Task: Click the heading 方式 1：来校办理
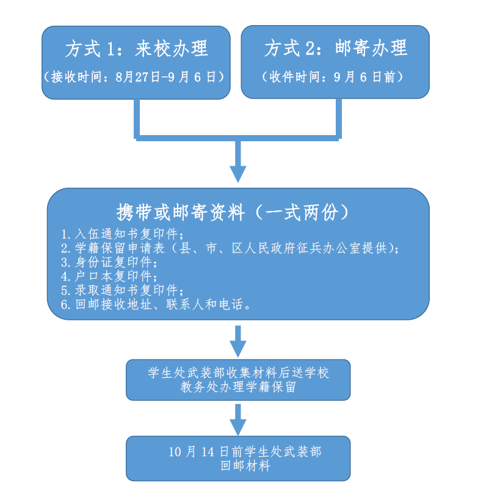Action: [x=136, y=48]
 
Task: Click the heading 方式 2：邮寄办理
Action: [x=335, y=48]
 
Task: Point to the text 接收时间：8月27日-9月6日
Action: [x=136, y=78]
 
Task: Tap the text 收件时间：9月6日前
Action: [x=335, y=78]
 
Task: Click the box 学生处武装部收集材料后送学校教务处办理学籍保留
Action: [x=238, y=380]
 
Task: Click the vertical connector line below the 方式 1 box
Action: [x=137, y=116]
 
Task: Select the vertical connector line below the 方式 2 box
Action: [x=338, y=116]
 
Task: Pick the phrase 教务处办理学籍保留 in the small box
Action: [x=238, y=387]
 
